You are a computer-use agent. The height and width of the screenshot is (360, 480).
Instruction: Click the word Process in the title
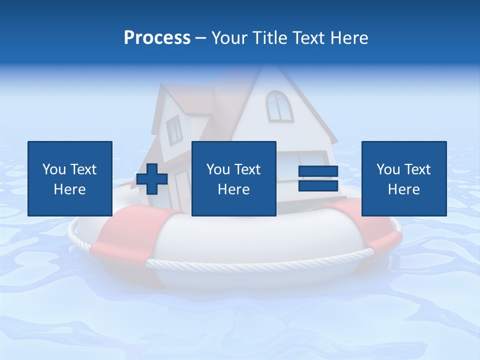157,37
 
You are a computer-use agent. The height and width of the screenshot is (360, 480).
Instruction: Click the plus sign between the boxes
152,179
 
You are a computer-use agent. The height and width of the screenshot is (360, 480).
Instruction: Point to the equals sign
318,178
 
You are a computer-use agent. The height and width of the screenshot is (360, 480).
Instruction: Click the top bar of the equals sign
318,171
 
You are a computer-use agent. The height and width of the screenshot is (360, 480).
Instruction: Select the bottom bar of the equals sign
318,185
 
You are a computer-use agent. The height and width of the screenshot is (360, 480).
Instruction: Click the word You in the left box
54,169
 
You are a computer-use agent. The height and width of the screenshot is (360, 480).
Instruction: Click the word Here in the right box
403,189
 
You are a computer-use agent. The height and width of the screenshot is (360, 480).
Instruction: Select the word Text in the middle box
247,169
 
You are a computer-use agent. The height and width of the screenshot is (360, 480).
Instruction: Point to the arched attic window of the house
279,105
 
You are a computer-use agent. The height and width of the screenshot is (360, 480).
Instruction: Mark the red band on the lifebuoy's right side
372,227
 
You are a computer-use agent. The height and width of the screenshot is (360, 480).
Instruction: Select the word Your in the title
229,37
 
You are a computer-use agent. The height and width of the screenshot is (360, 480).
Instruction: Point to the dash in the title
201,38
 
